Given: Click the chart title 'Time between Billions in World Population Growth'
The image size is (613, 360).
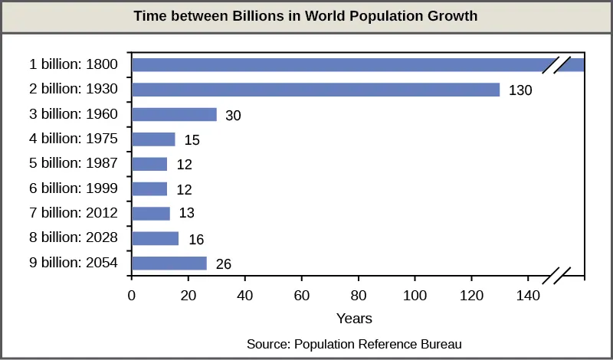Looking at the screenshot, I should coord(306,15).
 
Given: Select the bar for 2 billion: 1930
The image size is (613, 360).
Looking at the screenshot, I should coord(315,90).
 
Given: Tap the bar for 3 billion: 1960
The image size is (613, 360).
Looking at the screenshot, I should coord(174,115).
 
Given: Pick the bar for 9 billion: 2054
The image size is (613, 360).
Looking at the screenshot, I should coord(169,263).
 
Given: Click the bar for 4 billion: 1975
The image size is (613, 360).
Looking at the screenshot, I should coord(153,139).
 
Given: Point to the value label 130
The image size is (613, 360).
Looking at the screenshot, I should coord(520,90).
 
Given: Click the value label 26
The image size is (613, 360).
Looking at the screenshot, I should coord(223,264).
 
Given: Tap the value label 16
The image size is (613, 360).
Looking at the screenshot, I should coord(195,239).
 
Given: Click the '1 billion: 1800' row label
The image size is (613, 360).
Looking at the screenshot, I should coord(74,65).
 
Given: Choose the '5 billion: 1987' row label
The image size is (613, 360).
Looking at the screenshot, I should coord(74,164).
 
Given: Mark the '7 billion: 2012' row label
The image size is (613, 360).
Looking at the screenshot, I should coord(74,214).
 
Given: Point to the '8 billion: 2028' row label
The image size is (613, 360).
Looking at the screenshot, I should coord(74,238).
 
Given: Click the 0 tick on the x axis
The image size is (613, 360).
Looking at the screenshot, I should coord(132,294).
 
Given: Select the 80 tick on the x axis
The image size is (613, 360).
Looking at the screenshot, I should coord(359,294).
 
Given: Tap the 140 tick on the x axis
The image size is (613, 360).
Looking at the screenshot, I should coord(528,294).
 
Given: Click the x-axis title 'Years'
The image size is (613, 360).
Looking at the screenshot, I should coord(354,316).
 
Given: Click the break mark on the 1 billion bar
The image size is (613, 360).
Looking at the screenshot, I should coord(556,65).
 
